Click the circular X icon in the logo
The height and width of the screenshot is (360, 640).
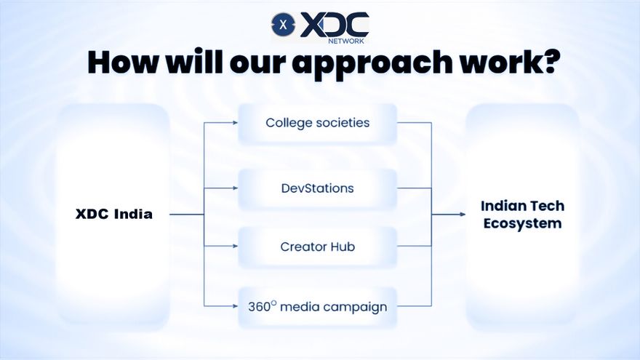coord(283,25)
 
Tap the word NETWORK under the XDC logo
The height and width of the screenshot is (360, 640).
coord(345,41)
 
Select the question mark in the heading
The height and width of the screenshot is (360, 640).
coord(546,61)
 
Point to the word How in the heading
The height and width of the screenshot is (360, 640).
coord(123,62)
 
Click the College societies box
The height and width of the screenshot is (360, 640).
coord(318,123)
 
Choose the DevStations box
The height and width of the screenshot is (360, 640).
coord(318,188)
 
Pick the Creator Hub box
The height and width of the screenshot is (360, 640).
coord(318,247)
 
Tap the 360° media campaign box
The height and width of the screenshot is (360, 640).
coord(318,307)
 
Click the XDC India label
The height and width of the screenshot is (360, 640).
coord(114,214)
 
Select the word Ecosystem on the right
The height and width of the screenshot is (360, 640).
coord(522,224)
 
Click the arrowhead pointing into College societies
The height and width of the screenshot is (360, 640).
coord(235,122)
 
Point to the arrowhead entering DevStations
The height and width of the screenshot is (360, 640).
coord(235,188)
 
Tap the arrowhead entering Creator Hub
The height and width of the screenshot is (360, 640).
coord(235,246)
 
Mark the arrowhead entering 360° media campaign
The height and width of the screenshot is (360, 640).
coord(235,306)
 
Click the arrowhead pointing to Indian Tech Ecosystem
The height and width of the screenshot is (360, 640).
coord(463,215)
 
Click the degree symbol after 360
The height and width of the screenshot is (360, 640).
coord(273,303)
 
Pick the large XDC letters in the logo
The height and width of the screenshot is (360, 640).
coord(335,25)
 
